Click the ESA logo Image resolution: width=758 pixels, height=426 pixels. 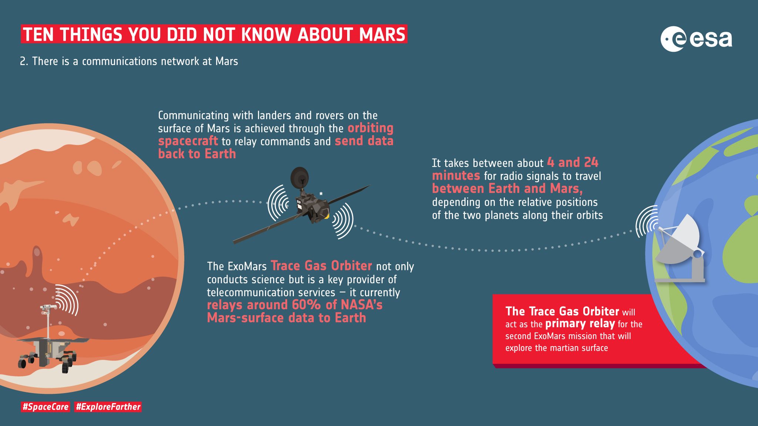pyautogui.click(x=696, y=39)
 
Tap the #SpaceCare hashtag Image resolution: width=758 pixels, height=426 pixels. pyautogui.click(x=46, y=407)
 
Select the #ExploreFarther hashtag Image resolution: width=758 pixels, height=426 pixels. pyautogui.click(x=108, y=407)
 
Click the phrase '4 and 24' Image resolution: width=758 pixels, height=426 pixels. pyautogui.click(x=573, y=162)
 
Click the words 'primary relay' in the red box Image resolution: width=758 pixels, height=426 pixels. pyautogui.click(x=580, y=324)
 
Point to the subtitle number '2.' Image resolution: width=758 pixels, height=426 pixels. pyautogui.click(x=24, y=61)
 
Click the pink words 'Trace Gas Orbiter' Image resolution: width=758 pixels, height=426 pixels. pyautogui.click(x=321, y=266)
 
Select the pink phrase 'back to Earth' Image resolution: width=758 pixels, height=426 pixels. pyautogui.click(x=197, y=154)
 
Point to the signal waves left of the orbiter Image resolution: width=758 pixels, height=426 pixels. pyautogui.click(x=278, y=203)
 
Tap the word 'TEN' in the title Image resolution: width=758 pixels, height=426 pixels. pyautogui.click(x=38, y=34)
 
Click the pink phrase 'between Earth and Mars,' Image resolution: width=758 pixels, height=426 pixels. pyautogui.click(x=507, y=189)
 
